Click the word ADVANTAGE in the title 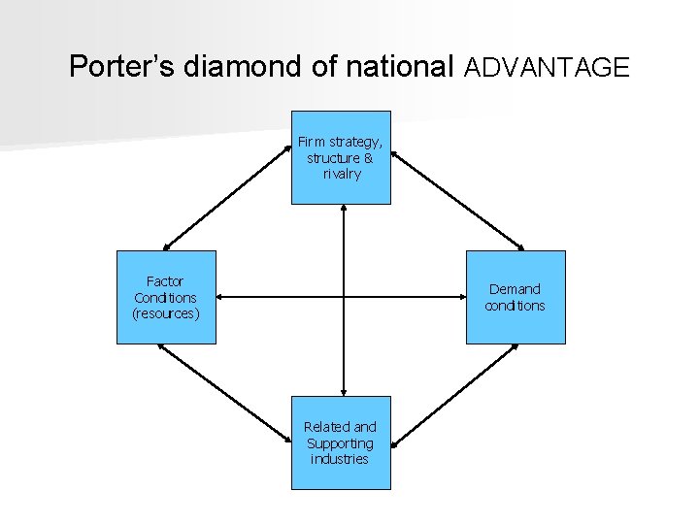tap(548, 67)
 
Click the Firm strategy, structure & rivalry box tap(342, 157)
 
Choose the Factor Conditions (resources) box tap(166, 297)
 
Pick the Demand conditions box tap(516, 297)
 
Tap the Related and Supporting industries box tap(342, 442)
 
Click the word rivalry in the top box tap(342, 175)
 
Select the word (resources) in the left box tap(166, 313)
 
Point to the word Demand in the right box tap(516, 288)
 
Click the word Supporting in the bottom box tap(340, 442)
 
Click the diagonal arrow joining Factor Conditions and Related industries tap(225, 394)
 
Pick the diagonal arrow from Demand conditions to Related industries tap(456, 394)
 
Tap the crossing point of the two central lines tap(344, 297)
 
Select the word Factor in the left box tap(165, 281)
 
